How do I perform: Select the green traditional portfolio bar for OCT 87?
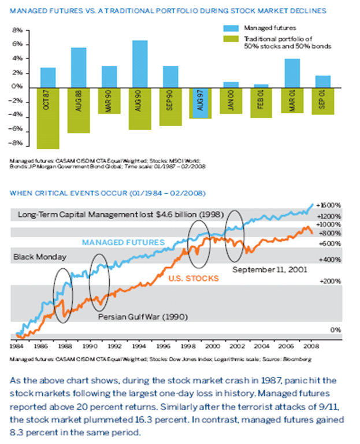pyautogui.click(x=48, y=118)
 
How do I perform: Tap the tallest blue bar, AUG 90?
pyautogui.click(x=139, y=64)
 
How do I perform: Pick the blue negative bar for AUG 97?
pyautogui.click(x=200, y=103)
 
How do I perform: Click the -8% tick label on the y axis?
pyautogui.click(x=16, y=143)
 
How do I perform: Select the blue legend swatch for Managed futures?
pyautogui.click(x=231, y=27)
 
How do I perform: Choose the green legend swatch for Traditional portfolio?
pyautogui.click(x=231, y=39)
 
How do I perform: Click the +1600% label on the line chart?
pyautogui.click(x=331, y=205)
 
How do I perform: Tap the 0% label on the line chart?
pyautogui.click(x=335, y=330)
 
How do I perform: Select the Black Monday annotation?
pyautogui.click(x=39, y=256)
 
